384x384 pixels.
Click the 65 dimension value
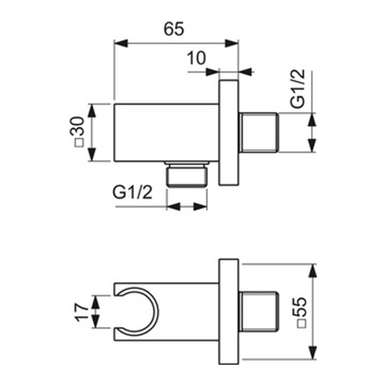[x=174, y=29]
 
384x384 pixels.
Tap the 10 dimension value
[x=196, y=58]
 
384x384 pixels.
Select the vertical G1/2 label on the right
[x=297, y=88]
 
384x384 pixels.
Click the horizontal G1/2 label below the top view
[x=133, y=192]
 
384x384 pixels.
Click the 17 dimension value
[x=82, y=312]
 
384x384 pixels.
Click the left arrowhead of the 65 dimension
[x=121, y=43]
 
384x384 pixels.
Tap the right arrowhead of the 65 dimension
[x=231, y=43]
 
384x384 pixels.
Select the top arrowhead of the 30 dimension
[x=92, y=110]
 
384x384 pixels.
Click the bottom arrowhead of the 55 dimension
[x=312, y=353]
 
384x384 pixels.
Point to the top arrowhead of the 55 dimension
[x=312, y=271]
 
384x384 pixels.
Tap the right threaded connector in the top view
[x=258, y=133]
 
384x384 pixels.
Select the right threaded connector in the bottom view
[x=258, y=312]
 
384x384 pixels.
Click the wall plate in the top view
[x=229, y=133]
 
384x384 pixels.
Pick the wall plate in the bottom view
[x=229, y=312]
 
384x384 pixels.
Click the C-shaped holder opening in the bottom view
[x=137, y=312]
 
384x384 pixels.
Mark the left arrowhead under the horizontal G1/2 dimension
[x=173, y=206]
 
